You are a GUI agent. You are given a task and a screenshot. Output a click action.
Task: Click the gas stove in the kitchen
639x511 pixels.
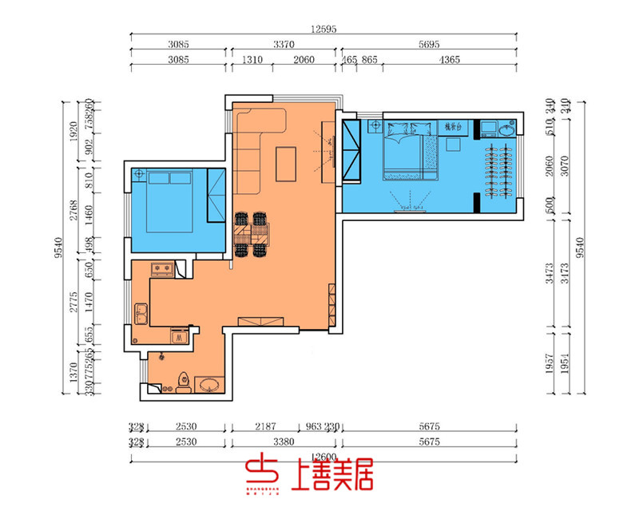[x=162, y=269]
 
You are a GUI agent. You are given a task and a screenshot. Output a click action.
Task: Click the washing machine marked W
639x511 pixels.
[x=179, y=335]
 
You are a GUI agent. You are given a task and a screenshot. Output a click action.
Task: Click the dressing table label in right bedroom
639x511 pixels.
[x=453, y=127]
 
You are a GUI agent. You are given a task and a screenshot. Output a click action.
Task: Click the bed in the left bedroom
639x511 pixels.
[x=169, y=203]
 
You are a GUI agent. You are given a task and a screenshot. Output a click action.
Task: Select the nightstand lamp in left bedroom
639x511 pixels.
[x=139, y=173]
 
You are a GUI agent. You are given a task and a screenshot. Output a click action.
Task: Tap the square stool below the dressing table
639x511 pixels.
[x=454, y=145]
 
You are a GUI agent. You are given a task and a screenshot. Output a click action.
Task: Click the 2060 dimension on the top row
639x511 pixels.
[x=304, y=59]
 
